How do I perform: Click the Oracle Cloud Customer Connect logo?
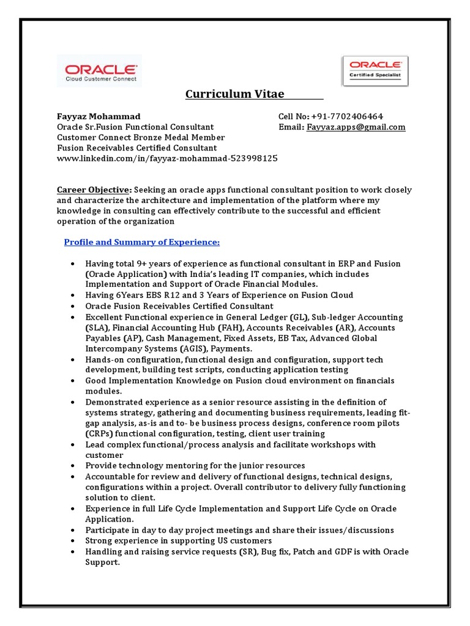pyautogui.click(x=99, y=70)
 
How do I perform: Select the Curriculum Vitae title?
pyautogui.click(x=235, y=94)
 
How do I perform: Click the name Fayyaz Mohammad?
pyautogui.click(x=99, y=116)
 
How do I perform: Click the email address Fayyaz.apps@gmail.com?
pyautogui.click(x=356, y=127)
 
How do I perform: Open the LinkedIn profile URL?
pyautogui.click(x=167, y=158)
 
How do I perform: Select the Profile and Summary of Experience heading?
pyautogui.click(x=142, y=242)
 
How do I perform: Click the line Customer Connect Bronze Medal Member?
pyautogui.click(x=141, y=138)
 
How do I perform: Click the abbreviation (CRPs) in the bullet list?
pyautogui.click(x=99, y=433)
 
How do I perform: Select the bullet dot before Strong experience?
pyautogui.click(x=73, y=541)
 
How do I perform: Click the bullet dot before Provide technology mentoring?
pyautogui.click(x=73, y=466)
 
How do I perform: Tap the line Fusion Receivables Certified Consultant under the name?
pyautogui.click(x=136, y=148)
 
